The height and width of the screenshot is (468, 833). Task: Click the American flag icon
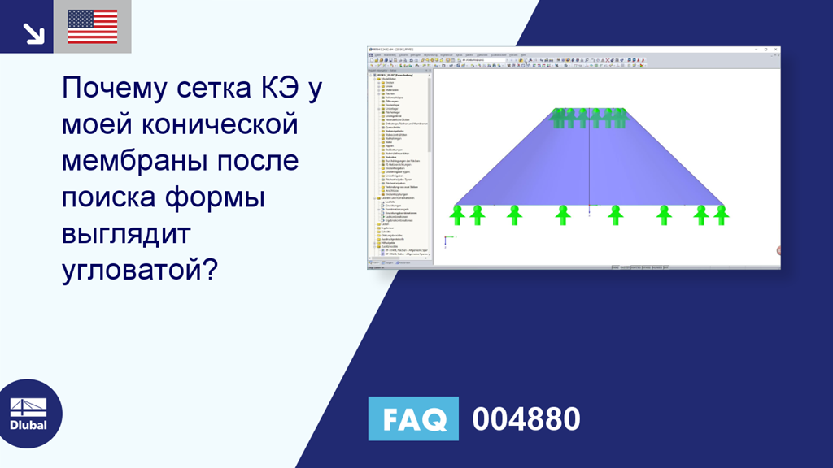click(92, 26)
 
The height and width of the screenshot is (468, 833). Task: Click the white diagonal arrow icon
click(33, 32)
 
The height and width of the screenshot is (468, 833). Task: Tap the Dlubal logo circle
click(28, 414)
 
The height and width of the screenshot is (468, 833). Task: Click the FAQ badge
click(413, 419)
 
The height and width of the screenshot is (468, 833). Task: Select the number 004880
click(526, 419)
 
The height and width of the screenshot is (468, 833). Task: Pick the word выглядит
click(126, 234)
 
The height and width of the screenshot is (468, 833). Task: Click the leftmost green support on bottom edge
click(457, 214)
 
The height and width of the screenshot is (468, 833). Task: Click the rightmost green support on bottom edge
click(721, 214)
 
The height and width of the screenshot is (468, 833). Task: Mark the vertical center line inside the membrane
click(588, 162)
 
